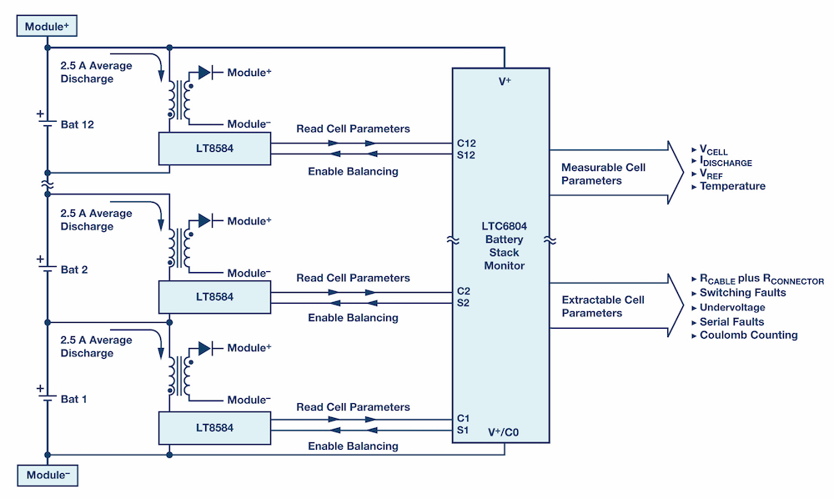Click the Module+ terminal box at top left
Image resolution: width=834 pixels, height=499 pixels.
coord(47,27)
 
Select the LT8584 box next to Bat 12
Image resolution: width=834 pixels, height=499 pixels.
coord(214,149)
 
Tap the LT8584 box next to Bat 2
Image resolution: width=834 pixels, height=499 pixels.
coord(214,296)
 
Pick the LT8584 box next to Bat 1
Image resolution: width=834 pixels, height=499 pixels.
coord(214,427)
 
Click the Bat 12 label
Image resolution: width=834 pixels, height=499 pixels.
coord(78,124)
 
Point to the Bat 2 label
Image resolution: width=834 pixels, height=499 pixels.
coord(74,270)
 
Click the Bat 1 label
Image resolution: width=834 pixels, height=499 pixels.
coord(74,399)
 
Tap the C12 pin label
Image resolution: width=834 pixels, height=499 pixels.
coord(465,142)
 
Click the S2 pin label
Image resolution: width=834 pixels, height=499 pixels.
coord(463,303)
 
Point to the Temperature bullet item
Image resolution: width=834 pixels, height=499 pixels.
coord(731,186)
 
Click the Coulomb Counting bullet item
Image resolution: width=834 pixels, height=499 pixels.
coord(748,335)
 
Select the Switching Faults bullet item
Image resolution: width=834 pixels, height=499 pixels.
coord(742,293)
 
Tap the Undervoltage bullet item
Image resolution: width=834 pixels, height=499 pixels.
coord(732,307)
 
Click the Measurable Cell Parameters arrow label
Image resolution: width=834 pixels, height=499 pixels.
coord(603,174)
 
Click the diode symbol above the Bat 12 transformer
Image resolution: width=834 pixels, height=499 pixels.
coord(204,73)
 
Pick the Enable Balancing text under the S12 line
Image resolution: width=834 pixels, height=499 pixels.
coord(353,171)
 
